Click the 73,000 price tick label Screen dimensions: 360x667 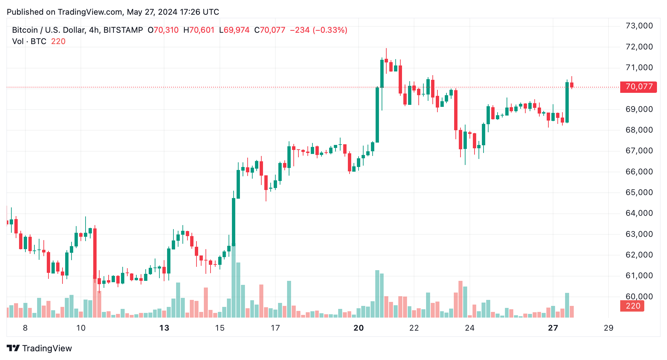tap(639, 26)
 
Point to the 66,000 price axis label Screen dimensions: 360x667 tap(639, 172)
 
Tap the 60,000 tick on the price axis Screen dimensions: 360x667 tap(639, 297)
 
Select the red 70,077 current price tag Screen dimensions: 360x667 tap(638, 87)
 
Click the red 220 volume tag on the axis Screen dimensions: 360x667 tap(633, 306)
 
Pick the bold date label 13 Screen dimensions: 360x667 tap(164, 328)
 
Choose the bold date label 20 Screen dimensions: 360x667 tap(358, 328)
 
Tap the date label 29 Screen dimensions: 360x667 tap(609, 328)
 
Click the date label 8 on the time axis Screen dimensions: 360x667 tap(25, 328)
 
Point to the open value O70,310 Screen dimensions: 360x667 tap(163, 30)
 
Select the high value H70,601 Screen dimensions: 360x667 tap(199, 30)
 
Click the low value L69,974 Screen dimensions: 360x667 tap(234, 30)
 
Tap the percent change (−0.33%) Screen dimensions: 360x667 tap(330, 30)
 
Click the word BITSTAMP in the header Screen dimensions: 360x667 tap(123, 30)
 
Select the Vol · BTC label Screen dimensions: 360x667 tap(29, 41)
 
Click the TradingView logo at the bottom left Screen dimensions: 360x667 tap(39, 348)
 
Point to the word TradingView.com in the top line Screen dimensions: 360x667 tap(90, 12)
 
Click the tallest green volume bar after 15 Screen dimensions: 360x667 tap(233, 282)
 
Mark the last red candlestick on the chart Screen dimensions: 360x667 tap(572, 85)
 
